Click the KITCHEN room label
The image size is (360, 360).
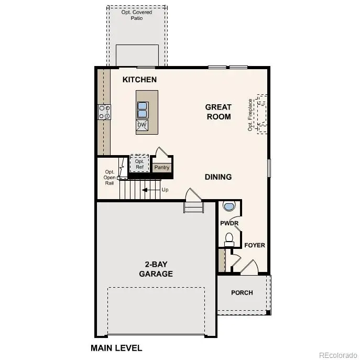[139, 80]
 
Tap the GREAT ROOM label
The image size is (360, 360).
[219, 112]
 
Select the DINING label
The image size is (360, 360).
[218, 177]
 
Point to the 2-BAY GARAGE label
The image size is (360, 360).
[156, 269]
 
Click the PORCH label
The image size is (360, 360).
[242, 292]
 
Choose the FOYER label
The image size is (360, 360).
[255, 245]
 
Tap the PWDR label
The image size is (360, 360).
[229, 223]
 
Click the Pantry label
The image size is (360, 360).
[162, 168]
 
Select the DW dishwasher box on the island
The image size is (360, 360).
[142, 125]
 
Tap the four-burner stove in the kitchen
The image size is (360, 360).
[104, 112]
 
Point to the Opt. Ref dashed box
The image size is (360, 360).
[139, 163]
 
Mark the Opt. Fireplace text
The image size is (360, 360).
[250, 114]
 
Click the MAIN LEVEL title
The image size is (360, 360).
[116, 347]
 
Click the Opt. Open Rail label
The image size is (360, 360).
[110, 177]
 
